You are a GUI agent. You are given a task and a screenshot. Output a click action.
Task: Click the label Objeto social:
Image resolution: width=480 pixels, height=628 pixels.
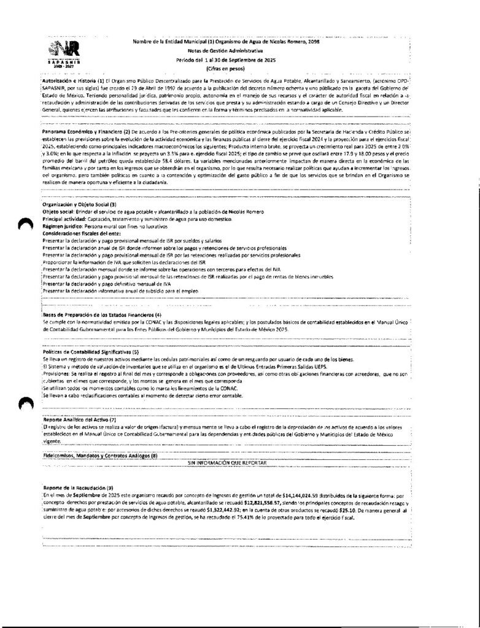(x=60, y=212)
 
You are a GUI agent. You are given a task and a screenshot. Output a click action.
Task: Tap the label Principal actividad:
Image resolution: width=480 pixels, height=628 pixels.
(x=65, y=219)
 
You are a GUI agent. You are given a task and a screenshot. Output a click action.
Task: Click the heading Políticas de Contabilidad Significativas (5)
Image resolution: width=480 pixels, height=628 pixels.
(x=90, y=352)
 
